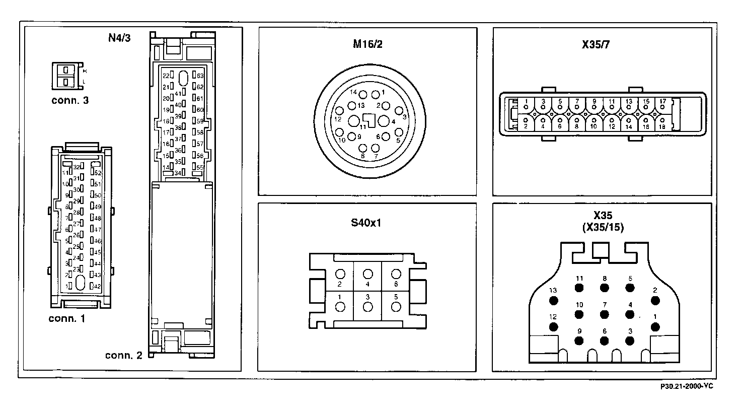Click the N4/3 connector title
(x=119, y=38)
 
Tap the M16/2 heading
(x=368, y=43)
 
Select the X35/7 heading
(x=596, y=44)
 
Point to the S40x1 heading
(x=366, y=222)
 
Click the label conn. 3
(x=70, y=100)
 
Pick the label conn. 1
(x=67, y=318)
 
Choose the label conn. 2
(x=124, y=355)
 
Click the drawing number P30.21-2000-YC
(x=687, y=386)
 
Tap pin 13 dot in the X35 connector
(x=554, y=301)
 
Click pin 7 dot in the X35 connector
(x=604, y=314)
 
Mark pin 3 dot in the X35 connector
(x=629, y=340)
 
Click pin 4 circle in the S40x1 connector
(x=368, y=274)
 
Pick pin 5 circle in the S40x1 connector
(x=396, y=307)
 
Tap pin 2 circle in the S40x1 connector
(x=340, y=274)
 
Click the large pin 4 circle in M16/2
(x=384, y=120)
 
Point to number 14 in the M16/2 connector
(x=353, y=93)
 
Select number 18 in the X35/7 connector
(x=662, y=126)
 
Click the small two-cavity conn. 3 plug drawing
(x=65, y=75)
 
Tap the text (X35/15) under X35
(x=603, y=227)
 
